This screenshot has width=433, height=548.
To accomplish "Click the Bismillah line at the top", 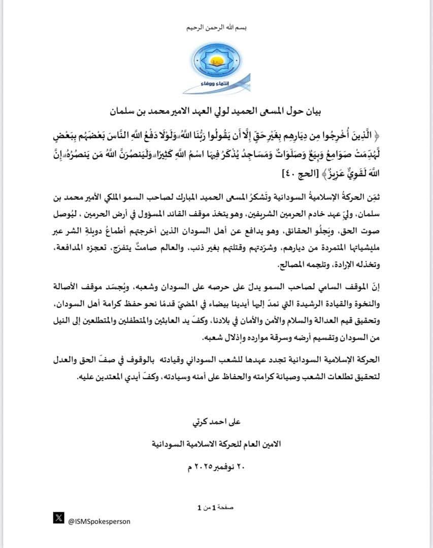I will point(216,27).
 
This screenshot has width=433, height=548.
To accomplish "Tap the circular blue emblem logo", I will point(216,61).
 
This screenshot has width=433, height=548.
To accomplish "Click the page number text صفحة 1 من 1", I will point(216,507).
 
